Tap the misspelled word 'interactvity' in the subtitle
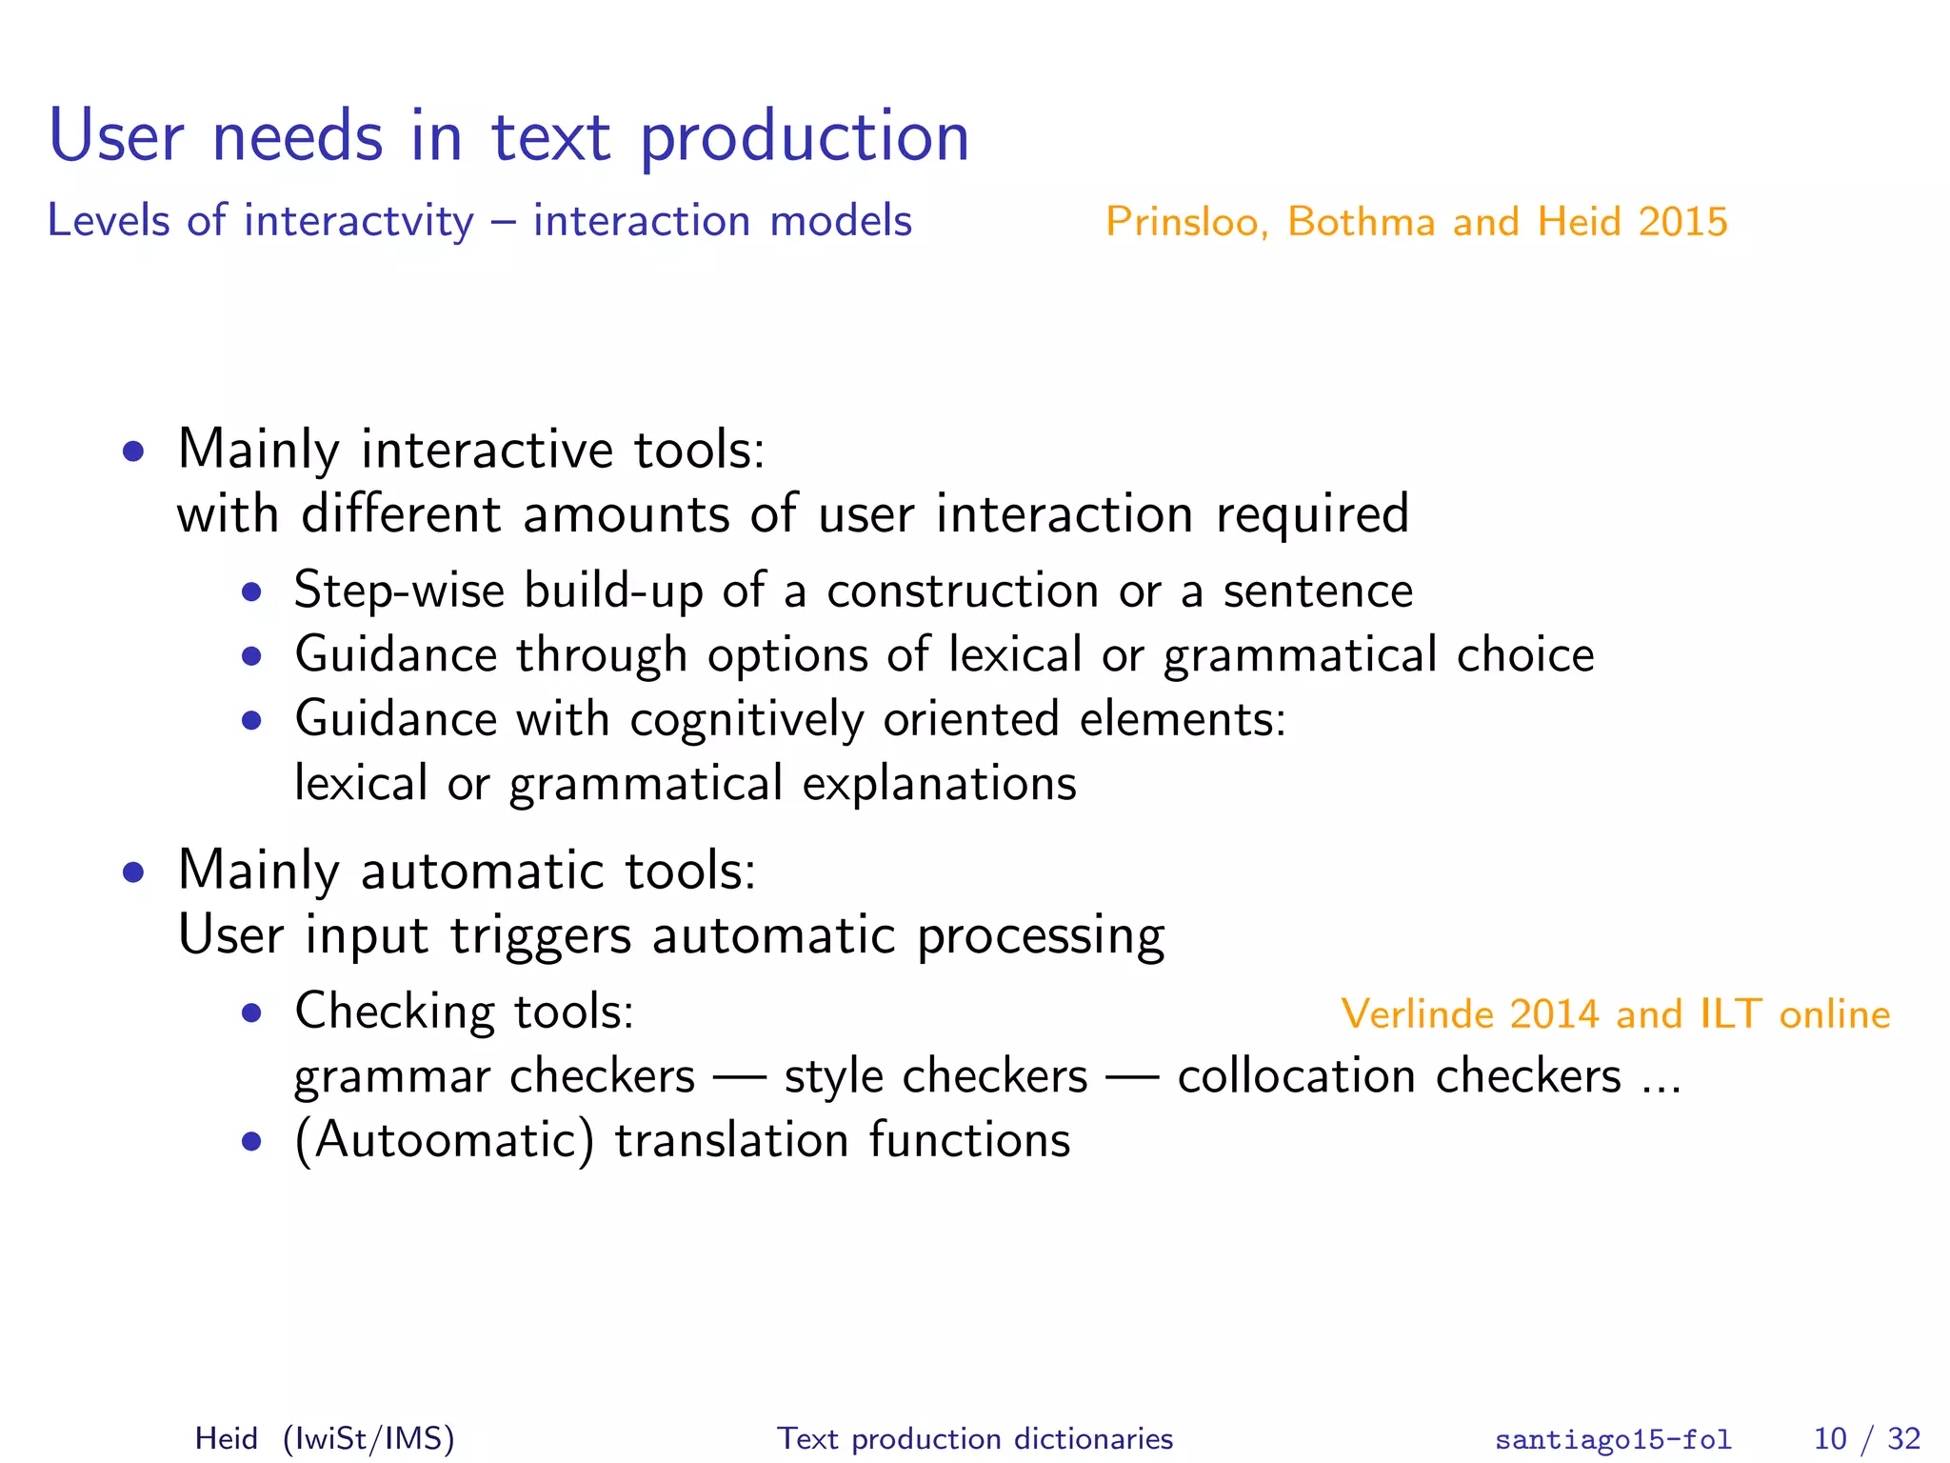click(x=358, y=222)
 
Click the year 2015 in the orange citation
click(x=1682, y=222)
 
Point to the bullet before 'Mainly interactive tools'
click(x=133, y=451)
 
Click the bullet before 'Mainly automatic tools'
click(x=133, y=872)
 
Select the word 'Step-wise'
click(x=399, y=591)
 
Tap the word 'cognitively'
click(x=746, y=720)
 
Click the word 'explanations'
click(x=939, y=784)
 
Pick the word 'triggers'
click(x=540, y=935)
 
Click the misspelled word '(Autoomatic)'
click(x=444, y=1141)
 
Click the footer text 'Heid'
click(x=226, y=1438)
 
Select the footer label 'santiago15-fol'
click(x=1612, y=1439)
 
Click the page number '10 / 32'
click(x=1865, y=1438)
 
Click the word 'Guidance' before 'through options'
click(x=396, y=655)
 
